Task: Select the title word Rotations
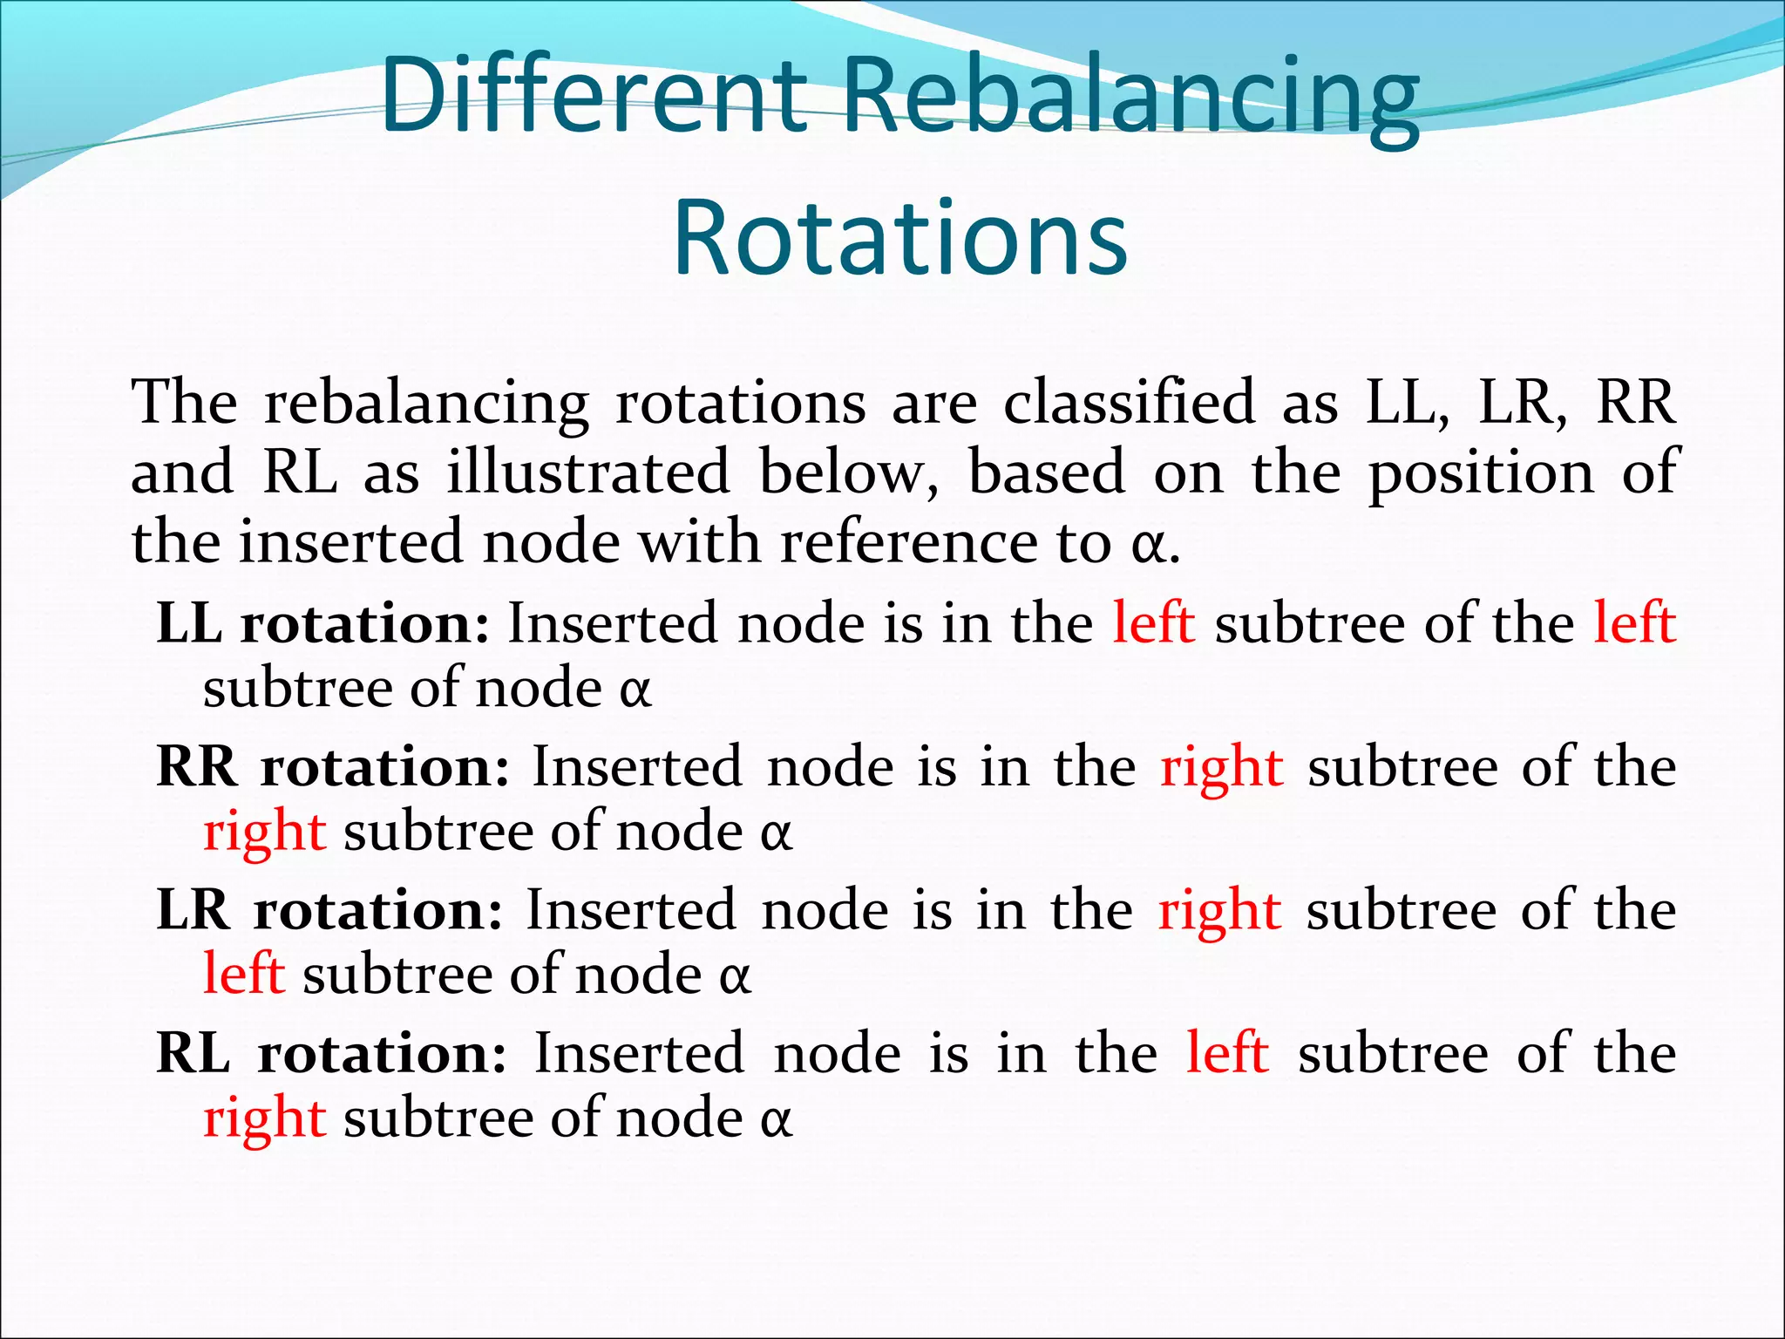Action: (x=900, y=237)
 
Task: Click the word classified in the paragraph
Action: (x=1129, y=404)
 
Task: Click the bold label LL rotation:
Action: (x=322, y=623)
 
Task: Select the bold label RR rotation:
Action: (x=333, y=767)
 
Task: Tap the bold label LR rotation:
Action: (x=329, y=910)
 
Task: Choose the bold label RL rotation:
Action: (x=331, y=1053)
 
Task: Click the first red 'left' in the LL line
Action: (x=1154, y=623)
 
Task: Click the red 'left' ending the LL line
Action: (x=1635, y=623)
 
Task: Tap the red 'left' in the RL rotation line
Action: (x=1227, y=1053)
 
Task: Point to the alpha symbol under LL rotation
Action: (x=635, y=690)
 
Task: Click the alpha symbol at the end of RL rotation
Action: (x=776, y=1120)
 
